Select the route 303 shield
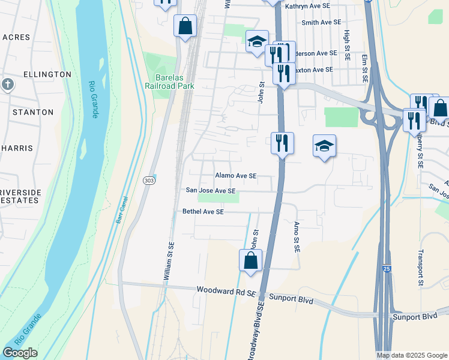[x=149, y=180]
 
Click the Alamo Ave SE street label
[x=236, y=176]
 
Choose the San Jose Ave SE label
[x=210, y=191]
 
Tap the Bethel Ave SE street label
[x=203, y=212]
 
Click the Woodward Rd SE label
[x=226, y=291]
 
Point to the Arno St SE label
[x=297, y=237]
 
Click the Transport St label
[x=421, y=268]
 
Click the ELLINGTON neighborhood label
[x=47, y=74]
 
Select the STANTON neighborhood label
[x=33, y=112]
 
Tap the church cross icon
[x=7, y=83]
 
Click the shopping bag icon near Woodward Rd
[x=250, y=261]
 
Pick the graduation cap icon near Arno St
[x=324, y=146]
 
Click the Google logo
[x=20, y=352]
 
